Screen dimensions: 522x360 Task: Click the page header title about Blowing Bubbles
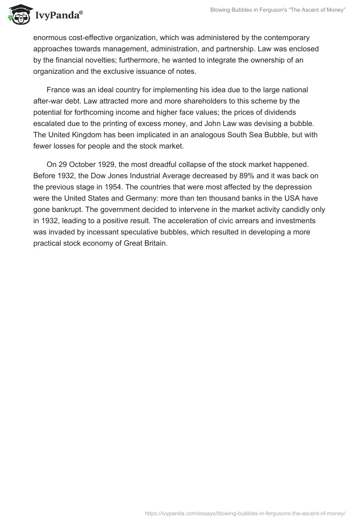[x=278, y=10]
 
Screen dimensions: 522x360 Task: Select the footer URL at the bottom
[x=245, y=513]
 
